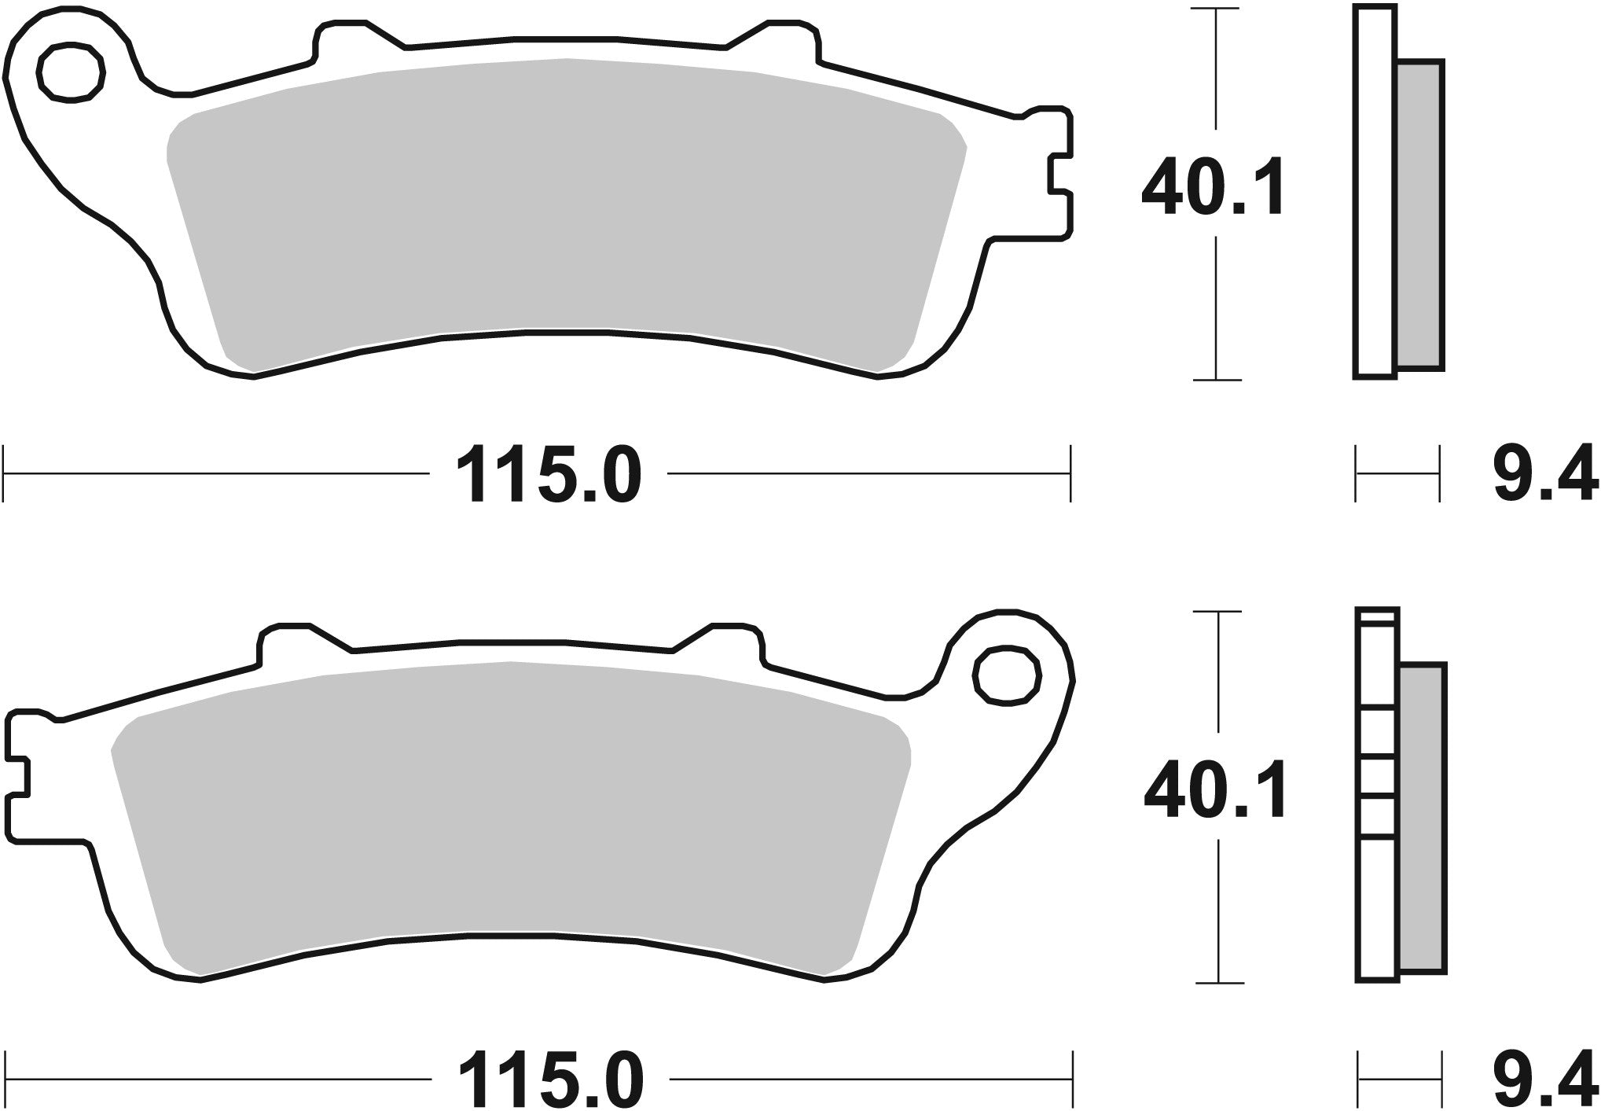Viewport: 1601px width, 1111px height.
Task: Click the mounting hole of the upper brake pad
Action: point(71,74)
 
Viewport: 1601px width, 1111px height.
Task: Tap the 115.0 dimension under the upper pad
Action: point(548,475)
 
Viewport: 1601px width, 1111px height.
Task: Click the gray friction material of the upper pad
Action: point(566,204)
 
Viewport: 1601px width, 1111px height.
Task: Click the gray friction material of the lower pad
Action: point(511,802)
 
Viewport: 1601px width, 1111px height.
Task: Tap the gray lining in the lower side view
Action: point(1423,818)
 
